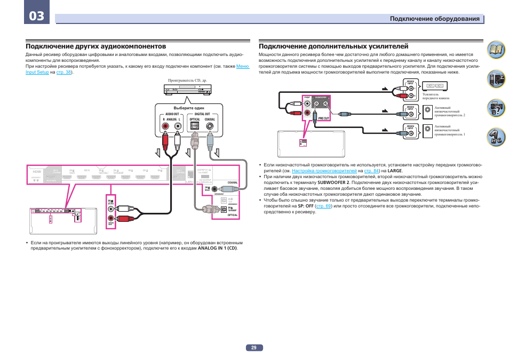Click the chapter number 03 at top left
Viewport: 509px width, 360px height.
click(37, 16)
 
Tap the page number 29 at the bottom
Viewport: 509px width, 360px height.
click(254, 348)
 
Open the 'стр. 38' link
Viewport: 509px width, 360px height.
click(63, 72)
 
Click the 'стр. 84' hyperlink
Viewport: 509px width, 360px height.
click(372, 171)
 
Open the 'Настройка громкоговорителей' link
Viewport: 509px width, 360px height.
click(324, 171)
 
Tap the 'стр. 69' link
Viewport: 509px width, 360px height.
click(323, 206)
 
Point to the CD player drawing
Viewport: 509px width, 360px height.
click(186, 91)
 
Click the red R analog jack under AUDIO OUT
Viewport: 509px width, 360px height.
click(166, 127)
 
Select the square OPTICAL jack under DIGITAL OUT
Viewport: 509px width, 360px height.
click(195, 127)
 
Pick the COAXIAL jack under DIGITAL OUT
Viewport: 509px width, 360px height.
click(210, 127)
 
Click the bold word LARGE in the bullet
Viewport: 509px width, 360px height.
click(394, 171)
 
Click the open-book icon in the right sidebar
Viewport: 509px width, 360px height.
click(497, 51)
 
